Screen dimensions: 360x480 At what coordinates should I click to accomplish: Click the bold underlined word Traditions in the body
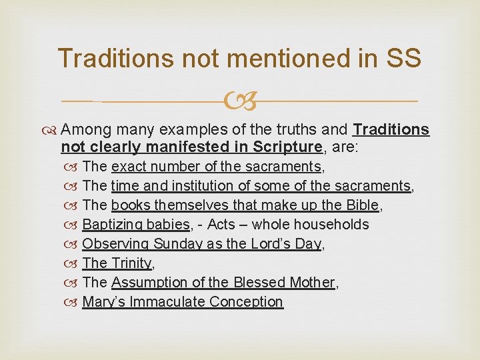point(391,129)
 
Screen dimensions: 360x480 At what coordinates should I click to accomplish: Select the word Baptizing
point(110,225)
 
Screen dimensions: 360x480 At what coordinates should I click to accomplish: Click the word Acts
point(221,225)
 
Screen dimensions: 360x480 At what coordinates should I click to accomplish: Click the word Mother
point(311,283)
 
